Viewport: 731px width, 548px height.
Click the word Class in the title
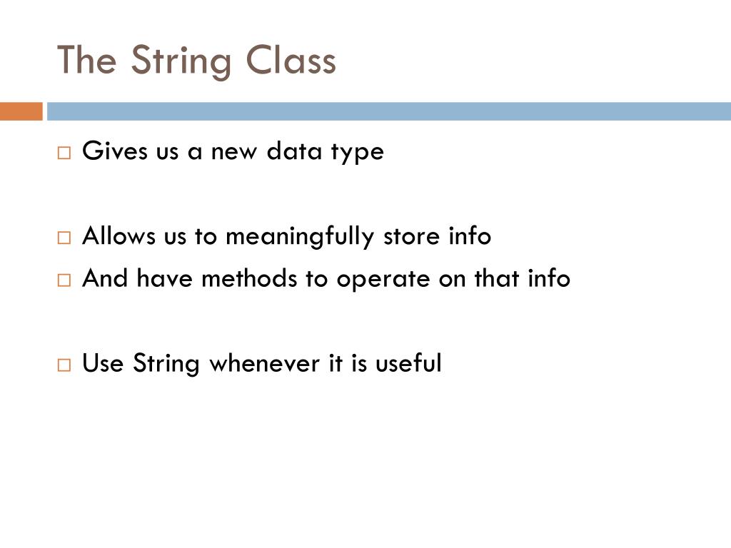[x=291, y=61]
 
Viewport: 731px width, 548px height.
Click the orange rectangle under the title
[x=21, y=111]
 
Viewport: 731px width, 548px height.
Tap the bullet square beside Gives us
[x=64, y=153]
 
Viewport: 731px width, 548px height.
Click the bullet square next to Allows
[x=64, y=238]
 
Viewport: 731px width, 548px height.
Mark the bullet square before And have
[x=64, y=280]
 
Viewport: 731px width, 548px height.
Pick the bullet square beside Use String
[x=64, y=365]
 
